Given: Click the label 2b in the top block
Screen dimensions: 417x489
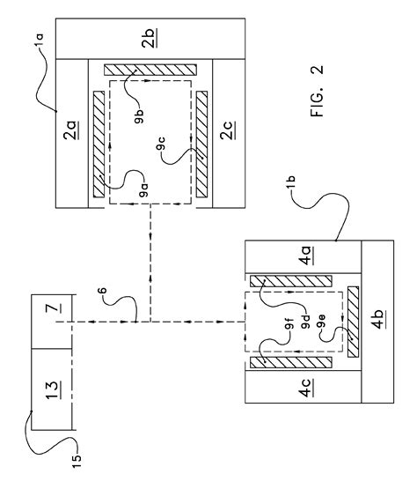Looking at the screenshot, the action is pos(150,39).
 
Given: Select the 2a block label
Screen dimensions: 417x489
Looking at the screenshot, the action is pos(71,130).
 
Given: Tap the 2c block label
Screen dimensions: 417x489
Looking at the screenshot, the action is pos(228,130).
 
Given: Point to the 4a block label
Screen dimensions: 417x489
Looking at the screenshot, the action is pos(306,256).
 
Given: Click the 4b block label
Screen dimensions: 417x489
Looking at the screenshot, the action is pos(377,320).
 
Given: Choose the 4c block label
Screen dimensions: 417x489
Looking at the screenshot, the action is pos(306,388).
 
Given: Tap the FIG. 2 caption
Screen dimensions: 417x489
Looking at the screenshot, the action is pos(317,91).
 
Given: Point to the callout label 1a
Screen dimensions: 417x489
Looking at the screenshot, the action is pos(40,41).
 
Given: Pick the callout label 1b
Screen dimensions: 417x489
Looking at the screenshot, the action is pos(290,182).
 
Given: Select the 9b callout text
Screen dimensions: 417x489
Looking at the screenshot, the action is pos(140,116).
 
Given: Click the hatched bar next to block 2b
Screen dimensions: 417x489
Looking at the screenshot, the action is pos(150,70).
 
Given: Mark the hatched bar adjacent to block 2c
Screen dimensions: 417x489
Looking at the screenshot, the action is pos(201,144).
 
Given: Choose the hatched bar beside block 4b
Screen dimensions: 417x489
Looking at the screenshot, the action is pos(353,322).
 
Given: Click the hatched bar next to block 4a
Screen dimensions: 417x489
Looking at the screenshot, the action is pos(291,281).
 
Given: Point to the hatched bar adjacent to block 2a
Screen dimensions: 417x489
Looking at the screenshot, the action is pos(99,144).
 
